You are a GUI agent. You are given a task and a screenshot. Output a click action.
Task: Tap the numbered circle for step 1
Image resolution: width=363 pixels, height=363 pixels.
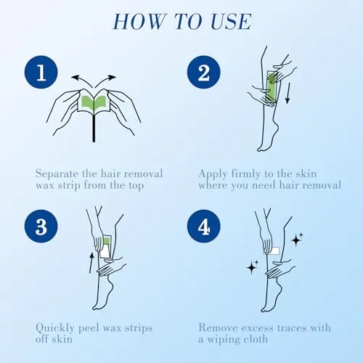click(41, 72)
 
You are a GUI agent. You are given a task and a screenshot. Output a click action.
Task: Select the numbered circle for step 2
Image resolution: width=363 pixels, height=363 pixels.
click(204, 72)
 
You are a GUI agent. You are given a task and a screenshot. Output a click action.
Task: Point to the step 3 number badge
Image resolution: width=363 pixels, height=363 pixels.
click(41, 227)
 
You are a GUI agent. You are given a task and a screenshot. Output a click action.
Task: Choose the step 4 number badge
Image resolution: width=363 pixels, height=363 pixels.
click(204, 227)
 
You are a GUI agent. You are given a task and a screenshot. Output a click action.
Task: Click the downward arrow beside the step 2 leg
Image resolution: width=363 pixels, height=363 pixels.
click(287, 94)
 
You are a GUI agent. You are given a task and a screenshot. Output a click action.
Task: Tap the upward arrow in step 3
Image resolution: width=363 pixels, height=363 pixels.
click(91, 263)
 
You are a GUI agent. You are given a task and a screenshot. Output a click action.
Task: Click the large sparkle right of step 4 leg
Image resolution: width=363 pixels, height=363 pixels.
click(295, 240)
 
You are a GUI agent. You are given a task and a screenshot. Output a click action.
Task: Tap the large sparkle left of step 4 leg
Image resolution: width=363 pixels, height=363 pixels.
click(252, 268)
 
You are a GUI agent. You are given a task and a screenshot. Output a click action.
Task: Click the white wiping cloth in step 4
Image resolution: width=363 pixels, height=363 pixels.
click(274, 250)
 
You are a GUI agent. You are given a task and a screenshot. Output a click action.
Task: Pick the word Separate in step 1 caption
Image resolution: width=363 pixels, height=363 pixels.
click(57, 174)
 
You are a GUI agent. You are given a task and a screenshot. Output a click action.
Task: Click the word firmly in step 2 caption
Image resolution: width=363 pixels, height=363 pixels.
click(246, 174)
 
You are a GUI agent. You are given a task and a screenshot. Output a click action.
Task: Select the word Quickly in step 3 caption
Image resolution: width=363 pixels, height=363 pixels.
click(55, 328)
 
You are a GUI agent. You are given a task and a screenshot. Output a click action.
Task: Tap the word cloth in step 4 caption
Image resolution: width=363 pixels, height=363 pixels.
click(256, 339)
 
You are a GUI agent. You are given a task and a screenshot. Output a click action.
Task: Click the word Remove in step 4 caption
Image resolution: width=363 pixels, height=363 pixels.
click(218, 327)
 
